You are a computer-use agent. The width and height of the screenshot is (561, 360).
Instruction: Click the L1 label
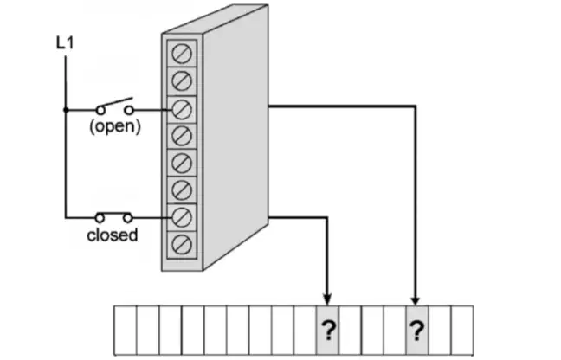click(x=65, y=43)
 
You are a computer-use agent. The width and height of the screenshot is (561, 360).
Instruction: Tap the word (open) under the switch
click(x=115, y=126)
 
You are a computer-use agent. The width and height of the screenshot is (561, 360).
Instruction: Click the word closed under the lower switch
click(x=113, y=235)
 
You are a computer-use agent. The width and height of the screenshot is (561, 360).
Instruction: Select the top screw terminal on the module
click(x=182, y=54)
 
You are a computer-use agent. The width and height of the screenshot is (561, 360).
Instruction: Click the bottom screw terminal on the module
click(x=182, y=245)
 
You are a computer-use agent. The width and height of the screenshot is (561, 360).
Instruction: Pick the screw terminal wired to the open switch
click(x=182, y=109)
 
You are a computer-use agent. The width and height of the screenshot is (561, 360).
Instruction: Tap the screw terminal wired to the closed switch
click(x=182, y=217)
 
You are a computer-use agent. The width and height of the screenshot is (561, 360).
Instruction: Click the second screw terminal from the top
click(x=182, y=80)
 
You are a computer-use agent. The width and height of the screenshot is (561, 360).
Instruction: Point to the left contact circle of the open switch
click(x=101, y=110)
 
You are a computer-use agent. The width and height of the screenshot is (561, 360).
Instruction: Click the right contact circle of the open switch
click(x=129, y=110)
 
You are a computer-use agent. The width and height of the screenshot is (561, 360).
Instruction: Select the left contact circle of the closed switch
click(x=100, y=217)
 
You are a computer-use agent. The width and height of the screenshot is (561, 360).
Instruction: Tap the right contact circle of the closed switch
click(x=128, y=217)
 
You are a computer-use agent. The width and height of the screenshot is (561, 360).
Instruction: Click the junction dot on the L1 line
click(x=66, y=110)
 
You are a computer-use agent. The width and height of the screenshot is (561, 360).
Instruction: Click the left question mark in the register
click(x=328, y=331)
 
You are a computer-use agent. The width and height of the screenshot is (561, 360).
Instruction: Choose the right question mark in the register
click(x=416, y=331)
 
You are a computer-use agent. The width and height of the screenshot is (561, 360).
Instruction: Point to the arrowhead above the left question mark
click(x=327, y=299)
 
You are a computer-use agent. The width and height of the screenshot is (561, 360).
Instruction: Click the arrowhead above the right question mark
click(x=415, y=299)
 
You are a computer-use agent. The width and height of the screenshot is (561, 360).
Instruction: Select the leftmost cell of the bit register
click(x=126, y=330)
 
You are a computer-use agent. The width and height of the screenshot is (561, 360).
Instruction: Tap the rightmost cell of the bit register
click(x=462, y=330)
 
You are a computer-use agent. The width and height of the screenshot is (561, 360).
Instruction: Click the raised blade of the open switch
click(x=115, y=102)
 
